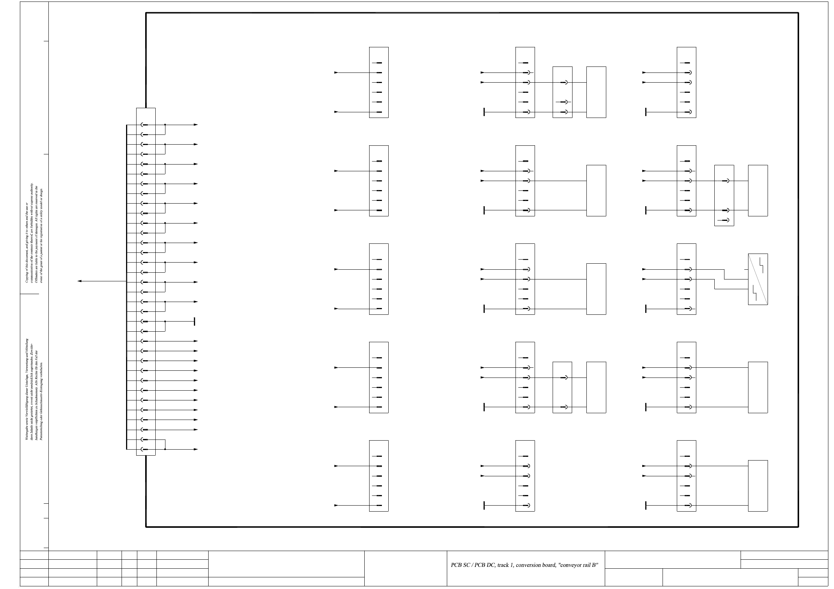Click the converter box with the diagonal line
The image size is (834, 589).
757,279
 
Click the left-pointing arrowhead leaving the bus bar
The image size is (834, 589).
80,281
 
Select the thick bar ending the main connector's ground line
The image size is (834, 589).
194,322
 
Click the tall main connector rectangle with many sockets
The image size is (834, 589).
146,281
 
